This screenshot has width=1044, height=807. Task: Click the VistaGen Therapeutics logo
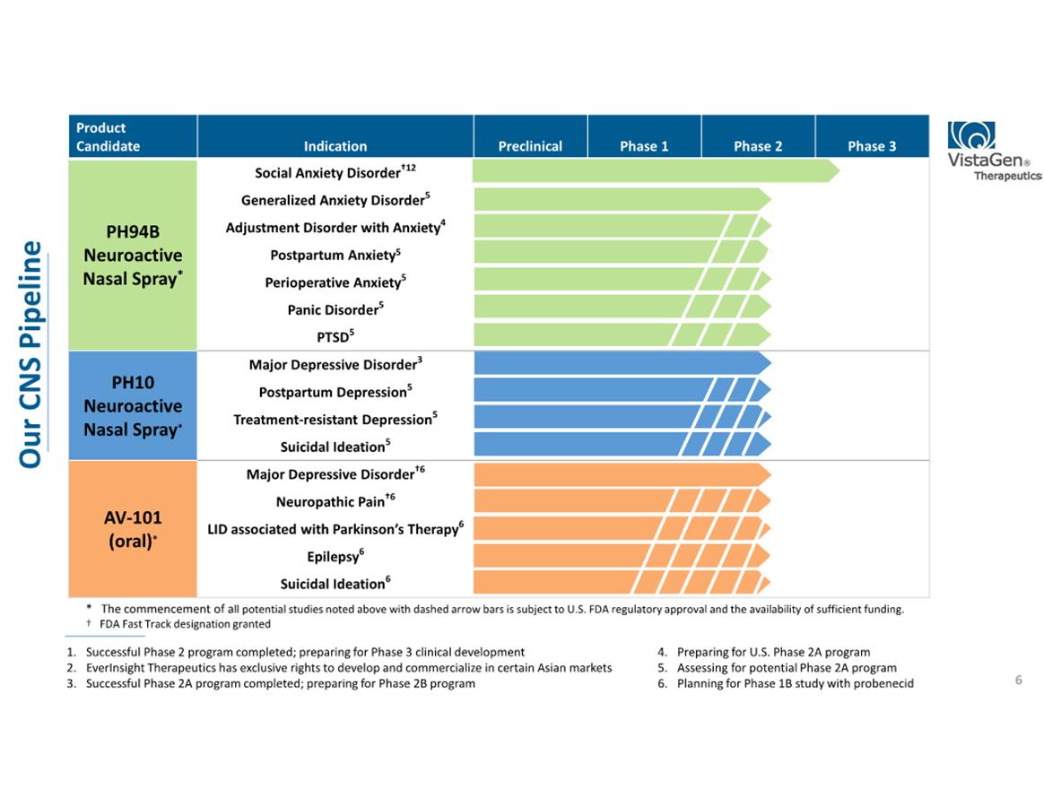[x=993, y=151]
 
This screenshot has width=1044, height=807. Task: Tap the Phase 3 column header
[x=871, y=146]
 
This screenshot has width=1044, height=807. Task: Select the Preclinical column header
[x=530, y=146]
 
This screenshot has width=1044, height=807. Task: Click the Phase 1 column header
[x=644, y=146]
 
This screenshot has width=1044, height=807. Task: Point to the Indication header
[x=335, y=146]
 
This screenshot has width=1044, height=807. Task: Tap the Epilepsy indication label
[x=335, y=557]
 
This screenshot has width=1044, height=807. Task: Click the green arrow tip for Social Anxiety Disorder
[x=833, y=170]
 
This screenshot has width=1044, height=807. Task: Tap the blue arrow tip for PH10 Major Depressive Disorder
[x=764, y=363]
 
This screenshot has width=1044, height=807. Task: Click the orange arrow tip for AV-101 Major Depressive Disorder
[x=764, y=473]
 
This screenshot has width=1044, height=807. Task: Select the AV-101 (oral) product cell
[x=132, y=529]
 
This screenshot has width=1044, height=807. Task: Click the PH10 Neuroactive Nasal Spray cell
[x=132, y=406]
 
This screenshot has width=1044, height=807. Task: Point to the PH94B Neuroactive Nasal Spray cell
[x=132, y=256]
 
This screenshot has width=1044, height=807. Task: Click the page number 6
[x=1018, y=681]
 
